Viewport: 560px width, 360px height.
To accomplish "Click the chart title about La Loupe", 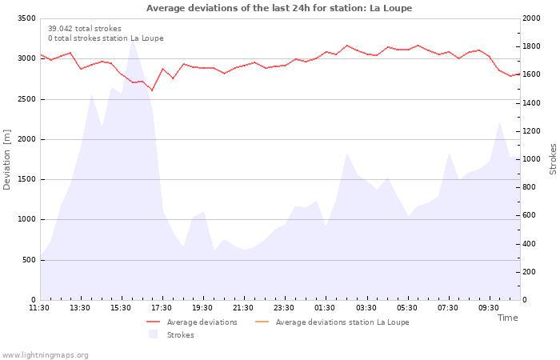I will pos(279,8).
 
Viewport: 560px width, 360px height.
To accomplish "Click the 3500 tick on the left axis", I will pos(26,18).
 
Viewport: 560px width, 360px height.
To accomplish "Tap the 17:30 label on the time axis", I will pos(162,307).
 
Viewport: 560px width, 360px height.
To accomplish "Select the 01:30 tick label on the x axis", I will pos(325,307).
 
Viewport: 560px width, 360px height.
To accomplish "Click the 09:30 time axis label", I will pos(489,307).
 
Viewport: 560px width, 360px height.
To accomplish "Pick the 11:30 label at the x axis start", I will pos(39,307).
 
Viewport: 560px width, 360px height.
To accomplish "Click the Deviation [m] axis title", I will pos(7,158).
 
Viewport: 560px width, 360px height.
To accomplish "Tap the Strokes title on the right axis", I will pos(553,158).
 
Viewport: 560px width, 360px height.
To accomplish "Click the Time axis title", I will pos(507,318).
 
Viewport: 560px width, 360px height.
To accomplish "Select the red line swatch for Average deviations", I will pos(154,322).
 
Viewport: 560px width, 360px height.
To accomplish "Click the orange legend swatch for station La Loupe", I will pos(262,322).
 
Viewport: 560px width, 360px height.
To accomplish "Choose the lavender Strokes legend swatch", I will pos(154,334).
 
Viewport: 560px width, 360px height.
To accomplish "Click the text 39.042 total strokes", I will pos(85,29).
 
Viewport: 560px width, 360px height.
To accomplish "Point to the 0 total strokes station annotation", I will pos(106,38).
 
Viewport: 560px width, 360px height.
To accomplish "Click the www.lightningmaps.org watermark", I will pos(45,355).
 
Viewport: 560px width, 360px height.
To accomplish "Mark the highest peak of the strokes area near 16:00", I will pos(132,39).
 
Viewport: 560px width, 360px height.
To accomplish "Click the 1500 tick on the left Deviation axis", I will pos(26,179).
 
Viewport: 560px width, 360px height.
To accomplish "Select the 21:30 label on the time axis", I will pos(244,307).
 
